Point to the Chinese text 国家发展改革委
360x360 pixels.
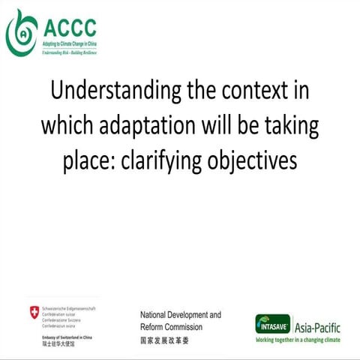pyautogui.click(x=165, y=340)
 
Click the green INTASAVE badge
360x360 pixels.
pyautogui.click(x=273, y=325)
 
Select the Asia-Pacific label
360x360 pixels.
pyautogui.click(x=318, y=325)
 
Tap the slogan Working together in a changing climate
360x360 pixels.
pyautogui.click(x=297, y=340)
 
